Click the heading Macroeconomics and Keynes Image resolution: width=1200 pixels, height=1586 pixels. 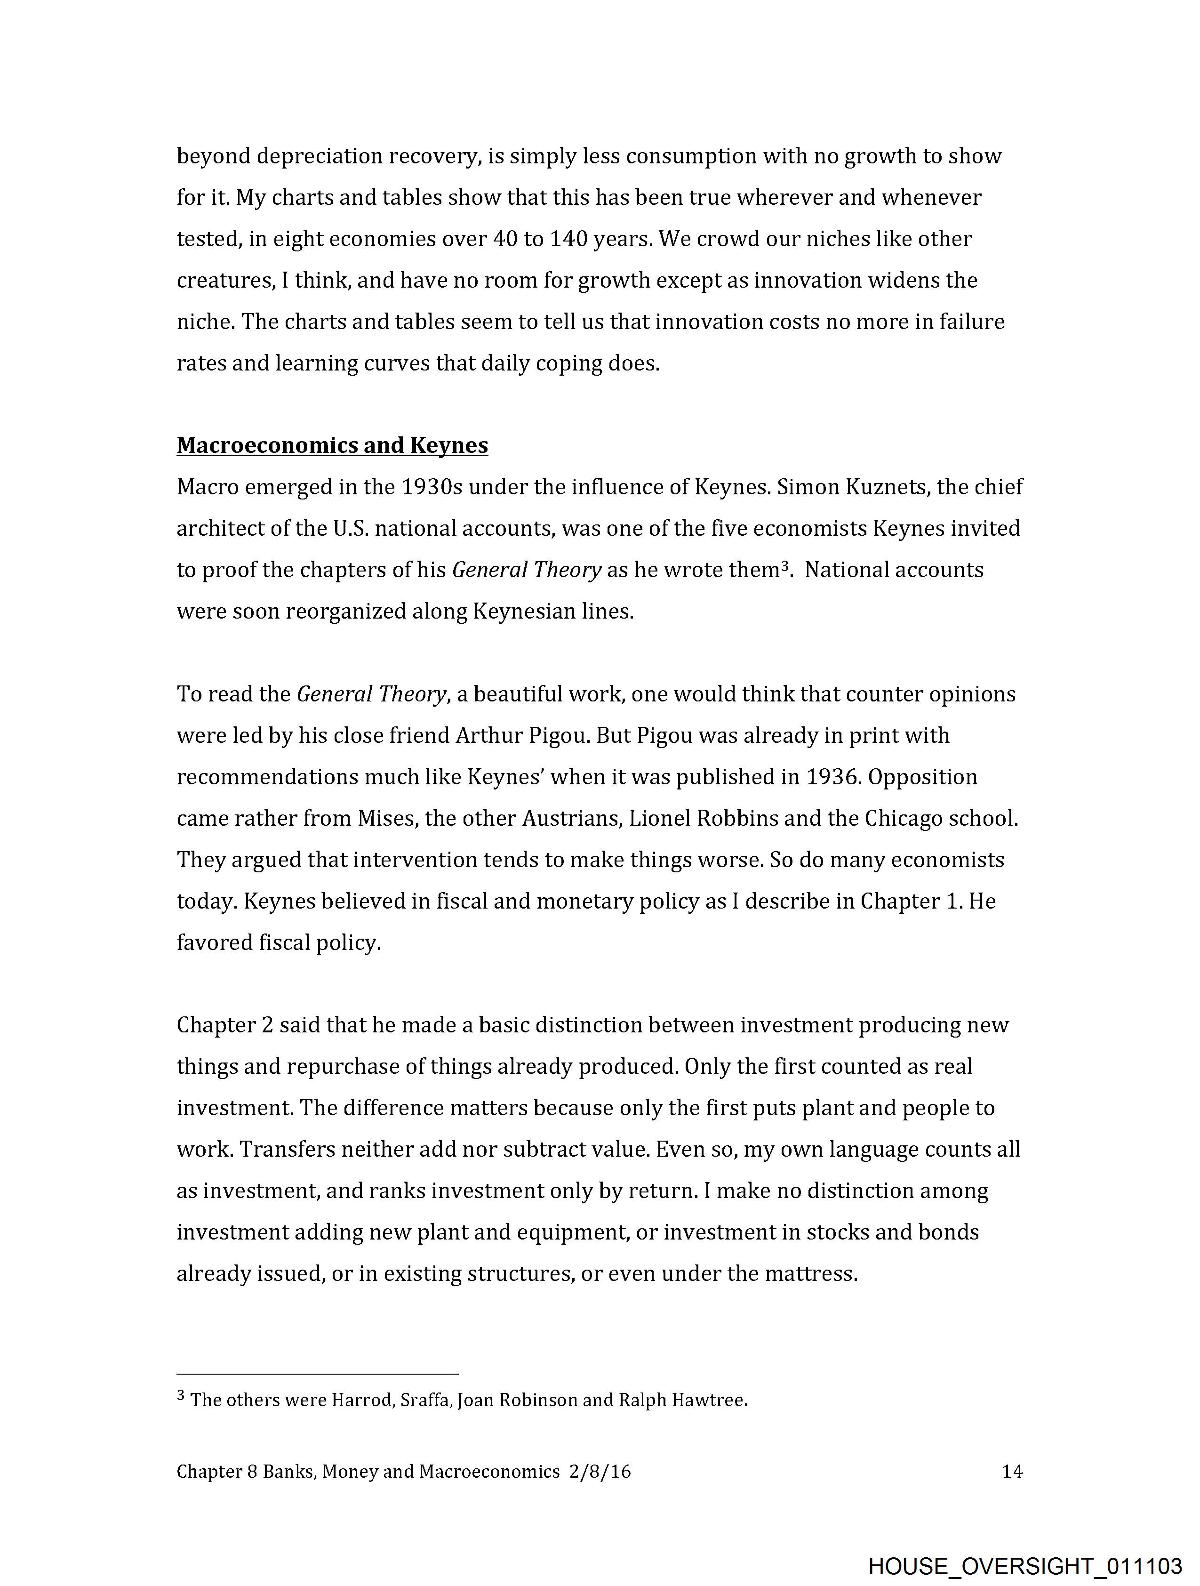tap(332, 445)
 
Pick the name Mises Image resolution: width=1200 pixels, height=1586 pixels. tap(386, 818)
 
